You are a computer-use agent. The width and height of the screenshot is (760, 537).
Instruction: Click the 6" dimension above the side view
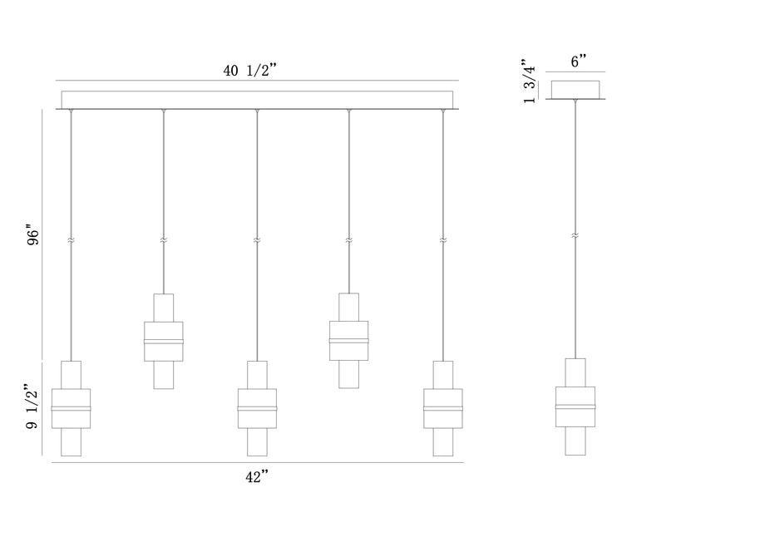point(579,63)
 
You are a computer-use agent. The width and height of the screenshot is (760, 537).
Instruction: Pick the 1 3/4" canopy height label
point(528,81)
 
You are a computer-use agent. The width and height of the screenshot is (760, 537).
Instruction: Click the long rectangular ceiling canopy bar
point(257,100)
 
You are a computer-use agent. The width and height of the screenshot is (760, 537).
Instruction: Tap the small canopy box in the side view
point(575,89)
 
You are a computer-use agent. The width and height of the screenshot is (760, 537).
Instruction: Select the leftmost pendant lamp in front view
point(72,408)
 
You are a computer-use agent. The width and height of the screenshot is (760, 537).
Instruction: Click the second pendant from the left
point(164,341)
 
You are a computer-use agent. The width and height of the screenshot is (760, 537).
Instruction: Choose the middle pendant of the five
point(257,408)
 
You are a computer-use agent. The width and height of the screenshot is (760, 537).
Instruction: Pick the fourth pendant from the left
point(349,341)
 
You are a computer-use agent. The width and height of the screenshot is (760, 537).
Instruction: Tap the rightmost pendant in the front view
point(442,408)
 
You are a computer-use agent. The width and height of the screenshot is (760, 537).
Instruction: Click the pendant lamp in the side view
point(575,406)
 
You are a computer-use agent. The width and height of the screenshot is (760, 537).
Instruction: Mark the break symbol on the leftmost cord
point(72,240)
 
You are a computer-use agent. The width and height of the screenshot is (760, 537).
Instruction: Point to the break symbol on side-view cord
point(575,238)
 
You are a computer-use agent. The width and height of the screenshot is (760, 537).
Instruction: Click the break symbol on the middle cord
point(257,240)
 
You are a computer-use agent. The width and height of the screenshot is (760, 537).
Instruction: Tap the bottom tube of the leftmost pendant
point(72,441)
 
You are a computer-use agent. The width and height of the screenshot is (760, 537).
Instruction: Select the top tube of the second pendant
point(164,308)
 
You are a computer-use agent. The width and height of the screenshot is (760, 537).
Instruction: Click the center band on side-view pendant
point(575,406)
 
